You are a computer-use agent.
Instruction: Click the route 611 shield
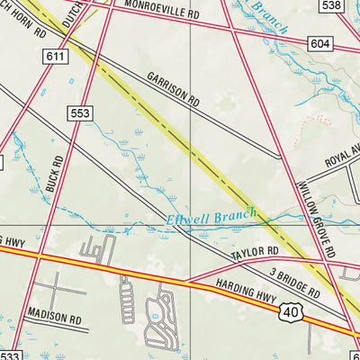point(56,57)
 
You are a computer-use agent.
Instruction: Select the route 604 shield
point(345,44)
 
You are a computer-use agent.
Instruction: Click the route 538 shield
point(333,5)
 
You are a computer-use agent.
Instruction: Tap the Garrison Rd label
point(174,89)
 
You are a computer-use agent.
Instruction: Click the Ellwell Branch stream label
point(210,217)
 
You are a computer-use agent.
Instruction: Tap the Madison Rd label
point(54,318)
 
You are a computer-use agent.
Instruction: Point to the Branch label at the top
point(270,11)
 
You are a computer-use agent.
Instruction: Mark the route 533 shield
point(8,354)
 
